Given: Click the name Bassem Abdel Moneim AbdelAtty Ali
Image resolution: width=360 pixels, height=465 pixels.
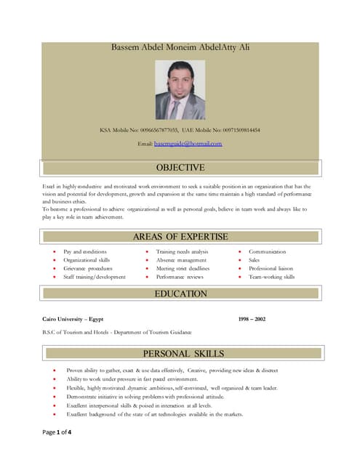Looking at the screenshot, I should point(180,47).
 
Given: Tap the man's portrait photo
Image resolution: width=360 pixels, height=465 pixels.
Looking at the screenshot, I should point(180,89).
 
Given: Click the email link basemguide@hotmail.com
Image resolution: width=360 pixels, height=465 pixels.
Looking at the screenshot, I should point(188,144).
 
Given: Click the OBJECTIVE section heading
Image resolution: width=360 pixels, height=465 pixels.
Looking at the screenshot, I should point(181,169).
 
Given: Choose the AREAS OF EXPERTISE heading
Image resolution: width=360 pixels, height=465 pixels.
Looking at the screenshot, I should point(180,237).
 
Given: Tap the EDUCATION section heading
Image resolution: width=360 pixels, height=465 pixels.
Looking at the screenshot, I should point(181,294).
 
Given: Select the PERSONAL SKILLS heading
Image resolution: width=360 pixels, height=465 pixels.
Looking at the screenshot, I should point(183,354).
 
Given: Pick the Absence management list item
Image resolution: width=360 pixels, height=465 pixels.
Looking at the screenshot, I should point(181,260).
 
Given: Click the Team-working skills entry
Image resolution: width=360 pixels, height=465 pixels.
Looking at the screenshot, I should point(271,277).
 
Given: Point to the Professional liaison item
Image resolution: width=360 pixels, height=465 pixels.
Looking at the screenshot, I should point(271,268).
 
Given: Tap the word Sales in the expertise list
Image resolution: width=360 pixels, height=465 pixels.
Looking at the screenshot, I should point(255,260).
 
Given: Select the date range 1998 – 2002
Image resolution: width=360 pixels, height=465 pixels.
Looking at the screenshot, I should point(252,319).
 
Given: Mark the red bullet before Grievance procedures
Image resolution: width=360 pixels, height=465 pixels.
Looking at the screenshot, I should point(55,268).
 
